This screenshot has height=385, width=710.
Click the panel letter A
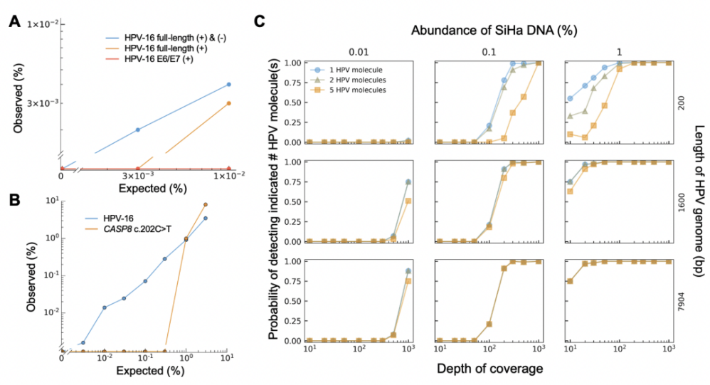(14, 21)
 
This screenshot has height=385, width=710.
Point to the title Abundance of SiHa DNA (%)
(484, 31)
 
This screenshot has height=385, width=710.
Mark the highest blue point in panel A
(228, 84)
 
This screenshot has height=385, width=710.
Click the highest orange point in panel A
(228, 103)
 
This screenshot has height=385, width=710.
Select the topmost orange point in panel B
(206, 204)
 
